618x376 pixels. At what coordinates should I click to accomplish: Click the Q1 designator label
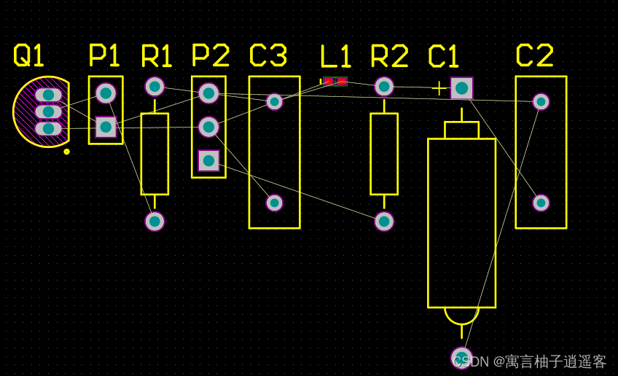coord(29,55)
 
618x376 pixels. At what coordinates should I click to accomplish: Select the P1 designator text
coord(103,55)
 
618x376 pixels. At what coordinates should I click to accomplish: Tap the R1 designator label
coord(156,56)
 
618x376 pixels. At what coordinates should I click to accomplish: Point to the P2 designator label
coord(210,55)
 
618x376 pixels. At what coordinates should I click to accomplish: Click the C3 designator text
coord(267,55)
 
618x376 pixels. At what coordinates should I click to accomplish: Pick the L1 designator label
coord(335,56)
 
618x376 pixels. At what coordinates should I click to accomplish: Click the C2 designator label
coord(534,55)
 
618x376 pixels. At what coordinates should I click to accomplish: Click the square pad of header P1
coord(106,127)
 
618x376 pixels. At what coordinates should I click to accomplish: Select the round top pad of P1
coord(106,93)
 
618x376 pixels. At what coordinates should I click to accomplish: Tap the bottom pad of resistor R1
coord(154,221)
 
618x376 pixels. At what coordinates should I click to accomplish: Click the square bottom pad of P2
coord(208,160)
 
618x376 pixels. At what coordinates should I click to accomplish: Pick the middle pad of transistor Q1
coord(48,111)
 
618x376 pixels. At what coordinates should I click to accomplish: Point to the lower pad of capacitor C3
coord(274,203)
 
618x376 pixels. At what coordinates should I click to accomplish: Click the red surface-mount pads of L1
coord(335,81)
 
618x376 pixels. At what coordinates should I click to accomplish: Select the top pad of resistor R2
coord(384,87)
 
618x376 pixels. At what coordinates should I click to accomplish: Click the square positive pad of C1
coord(461,88)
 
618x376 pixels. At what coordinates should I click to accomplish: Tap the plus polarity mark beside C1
coord(439,89)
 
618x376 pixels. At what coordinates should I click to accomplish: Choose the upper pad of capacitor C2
coord(541,101)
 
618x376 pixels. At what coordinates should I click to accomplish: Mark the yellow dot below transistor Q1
coord(67,152)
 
